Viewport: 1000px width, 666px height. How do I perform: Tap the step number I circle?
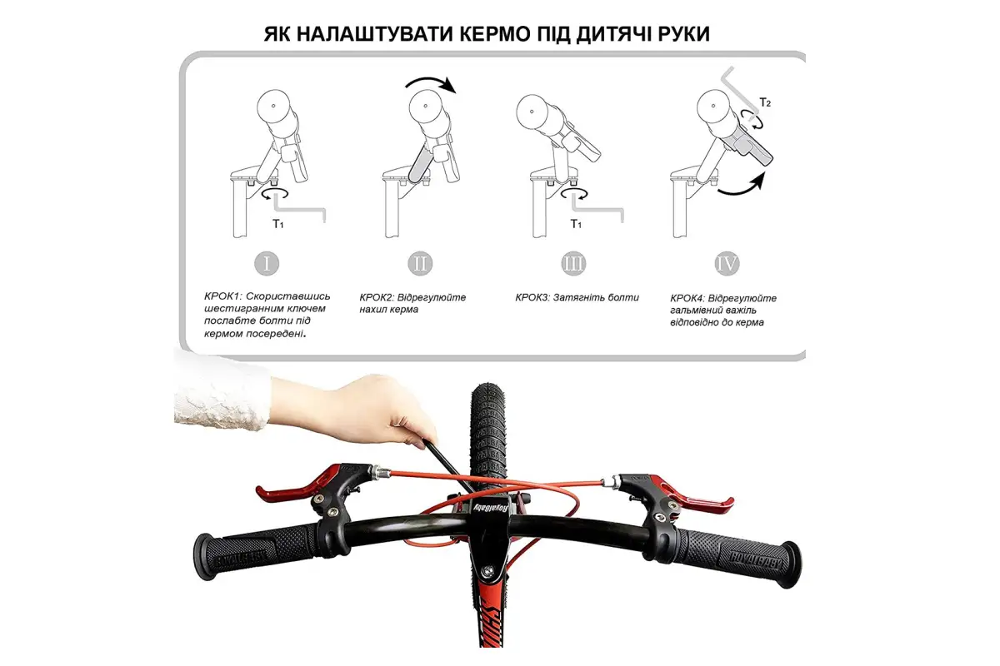click(267, 263)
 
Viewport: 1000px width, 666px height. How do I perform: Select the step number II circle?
click(420, 263)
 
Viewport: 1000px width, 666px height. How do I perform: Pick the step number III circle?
click(573, 264)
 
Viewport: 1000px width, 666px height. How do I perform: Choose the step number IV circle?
click(727, 264)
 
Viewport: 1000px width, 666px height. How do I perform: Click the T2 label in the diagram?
click(765, 102)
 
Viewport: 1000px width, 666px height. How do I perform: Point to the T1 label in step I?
click(278, 223)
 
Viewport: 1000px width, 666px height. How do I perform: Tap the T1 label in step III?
click(576, 223)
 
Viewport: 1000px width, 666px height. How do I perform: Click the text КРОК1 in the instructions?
click(222, 296)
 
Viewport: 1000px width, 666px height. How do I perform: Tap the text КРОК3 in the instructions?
click(532, 297)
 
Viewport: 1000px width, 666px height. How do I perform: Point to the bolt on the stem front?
click(489, 569)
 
